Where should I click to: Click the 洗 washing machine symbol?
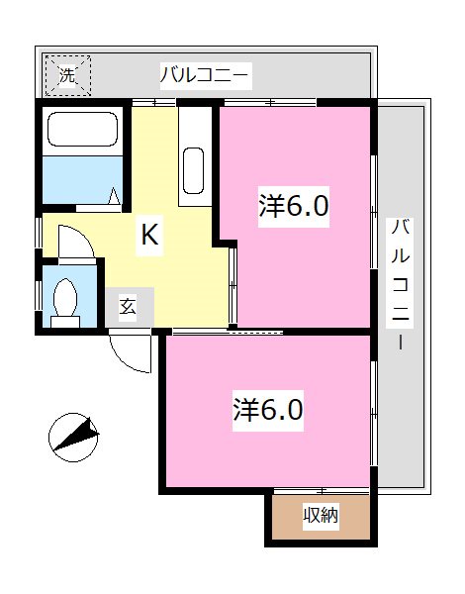[x=67, y=74]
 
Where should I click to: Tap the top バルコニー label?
[x=206, y=74]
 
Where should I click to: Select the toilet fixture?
[x=67, y=299]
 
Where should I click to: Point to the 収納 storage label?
[x=321, y=516]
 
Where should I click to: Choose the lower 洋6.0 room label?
[x=267, y=407]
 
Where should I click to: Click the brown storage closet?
[x=321, y=517]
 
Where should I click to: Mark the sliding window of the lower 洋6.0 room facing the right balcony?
[x=373, y=411]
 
